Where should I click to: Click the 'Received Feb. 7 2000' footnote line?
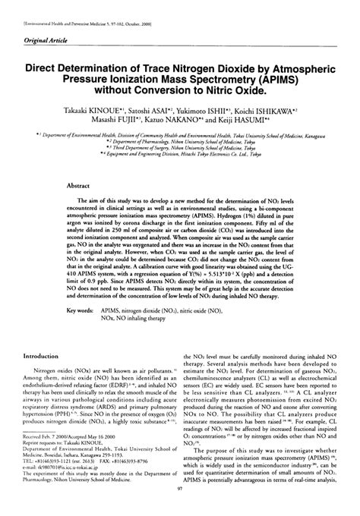tap(55, 460)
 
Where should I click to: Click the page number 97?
tap(179, 510)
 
